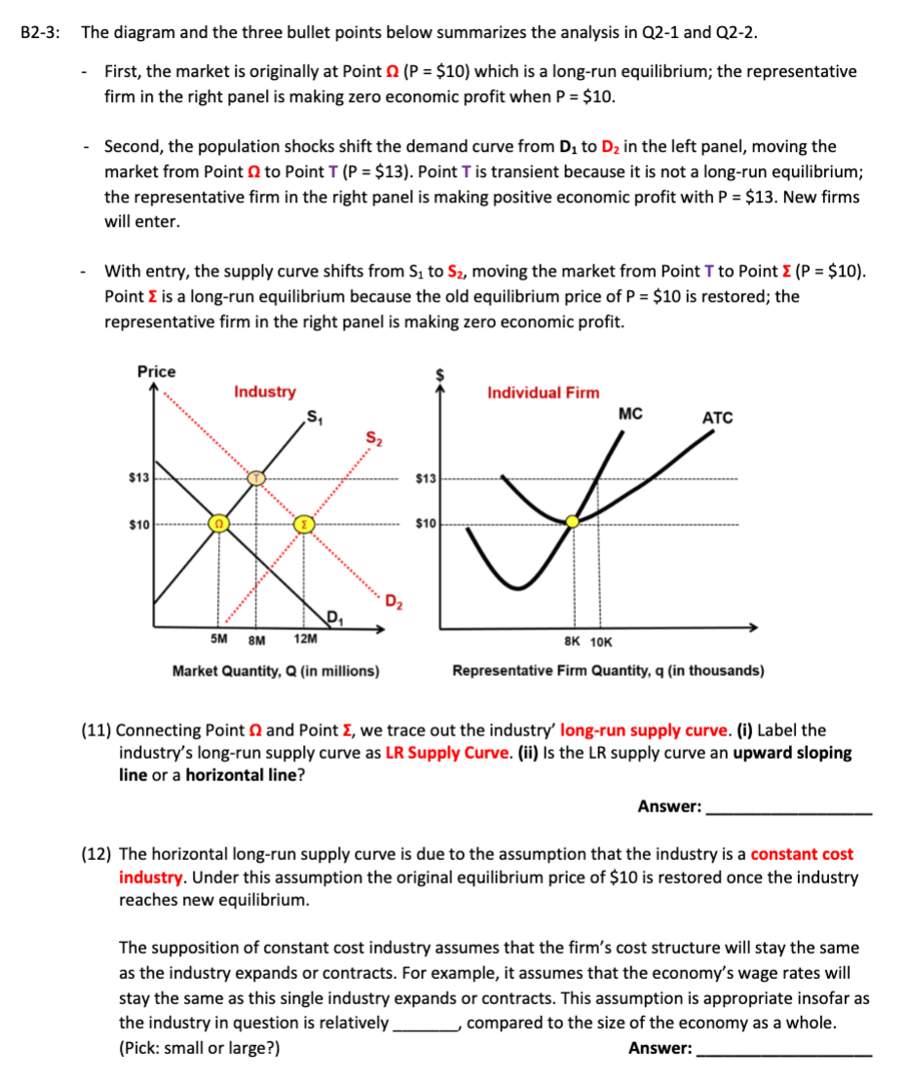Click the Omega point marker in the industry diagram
click(219, 524)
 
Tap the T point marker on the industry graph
click(255, 478)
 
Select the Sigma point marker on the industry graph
click(304, 524)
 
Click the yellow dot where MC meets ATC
click(573, 522)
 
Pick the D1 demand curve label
click(333, 615)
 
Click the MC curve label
click(630, 413)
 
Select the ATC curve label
click(717, 418)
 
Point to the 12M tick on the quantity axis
click(304, 640)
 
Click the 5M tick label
click(220, 640)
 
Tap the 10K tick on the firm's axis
click(602, 642)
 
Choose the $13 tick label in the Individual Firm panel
click(427, 478)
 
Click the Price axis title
click(156, 372)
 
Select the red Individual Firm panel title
click(544, 393)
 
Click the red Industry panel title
click(265, 392)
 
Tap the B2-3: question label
click(40, 31)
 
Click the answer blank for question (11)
click(788, 806)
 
